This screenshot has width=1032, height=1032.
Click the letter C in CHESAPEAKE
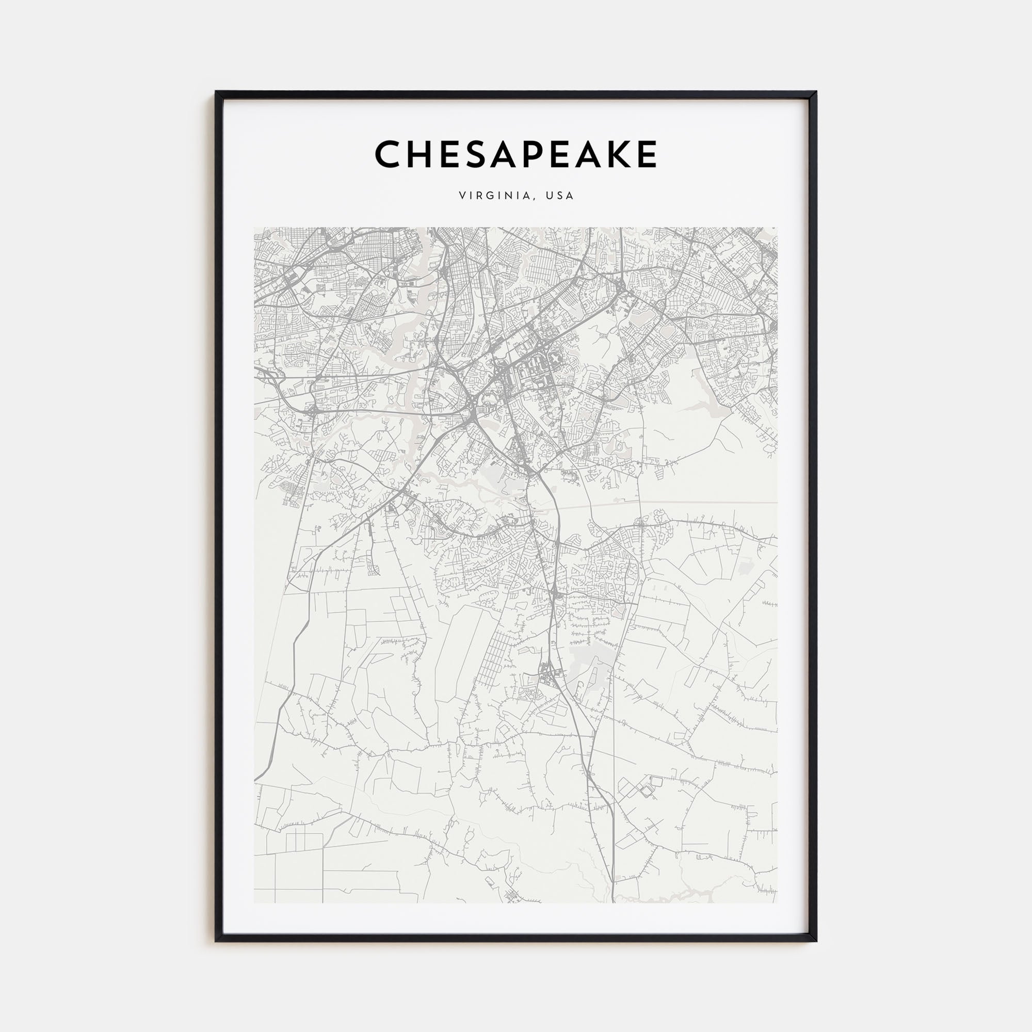[389, 154]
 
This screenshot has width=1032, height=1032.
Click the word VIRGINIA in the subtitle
[495, 196]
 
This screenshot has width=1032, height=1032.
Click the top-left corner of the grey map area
[254, 228]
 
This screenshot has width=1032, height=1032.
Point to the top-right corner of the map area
[777, 228]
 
